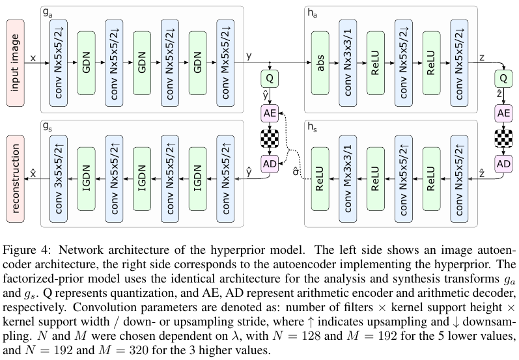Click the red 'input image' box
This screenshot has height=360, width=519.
(16, 62)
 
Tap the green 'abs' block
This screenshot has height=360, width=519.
(320, 62)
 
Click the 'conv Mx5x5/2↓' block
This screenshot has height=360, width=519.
(225, 62)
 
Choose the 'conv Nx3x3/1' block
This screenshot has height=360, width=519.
(348, 62)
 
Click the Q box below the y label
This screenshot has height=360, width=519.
(270, 79)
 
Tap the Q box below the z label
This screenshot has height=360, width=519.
(503, 79)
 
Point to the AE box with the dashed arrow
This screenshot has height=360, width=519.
(270, 113)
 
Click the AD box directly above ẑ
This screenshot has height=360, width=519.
(503, 163)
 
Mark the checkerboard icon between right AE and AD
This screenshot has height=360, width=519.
(503, 139)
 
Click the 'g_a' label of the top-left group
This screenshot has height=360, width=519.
(47, 12)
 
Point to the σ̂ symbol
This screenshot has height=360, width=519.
(296, 173)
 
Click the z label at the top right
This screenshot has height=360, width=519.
(482, 57)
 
